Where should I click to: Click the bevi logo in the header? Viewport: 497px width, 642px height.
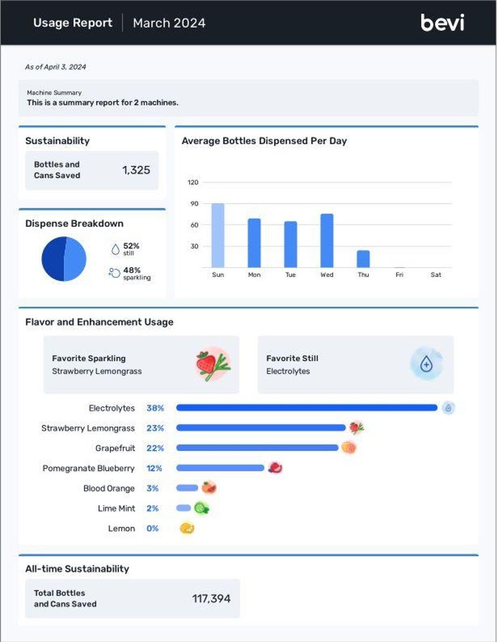[443, 23]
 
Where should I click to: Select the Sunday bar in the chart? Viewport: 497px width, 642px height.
[218, 235]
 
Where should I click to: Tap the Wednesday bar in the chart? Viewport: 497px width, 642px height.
[327, 241]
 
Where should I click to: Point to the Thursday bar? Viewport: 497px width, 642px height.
[363, 259]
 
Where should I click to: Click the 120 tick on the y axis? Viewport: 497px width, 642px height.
[193, 182]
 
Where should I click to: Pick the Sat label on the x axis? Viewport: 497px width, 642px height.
[436, 275]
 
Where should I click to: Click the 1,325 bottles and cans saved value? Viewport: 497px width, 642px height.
[136, 170]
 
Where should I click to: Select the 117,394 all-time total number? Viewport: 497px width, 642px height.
[211, 599]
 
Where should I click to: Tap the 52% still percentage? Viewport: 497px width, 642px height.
[132, 245]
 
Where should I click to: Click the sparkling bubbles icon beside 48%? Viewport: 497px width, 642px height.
[114, 272]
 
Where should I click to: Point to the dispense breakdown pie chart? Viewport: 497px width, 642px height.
[64, 259]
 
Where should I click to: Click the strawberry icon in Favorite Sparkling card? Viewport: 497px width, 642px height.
[213, 364]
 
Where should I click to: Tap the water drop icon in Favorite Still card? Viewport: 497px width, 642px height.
[426, 364]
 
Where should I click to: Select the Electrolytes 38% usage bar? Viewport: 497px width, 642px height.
[307, 407]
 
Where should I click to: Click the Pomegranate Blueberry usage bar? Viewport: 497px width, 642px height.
[220, 468]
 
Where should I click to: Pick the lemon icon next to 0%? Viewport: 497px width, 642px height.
[187, 528]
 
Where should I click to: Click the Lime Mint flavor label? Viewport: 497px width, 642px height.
[116, 509]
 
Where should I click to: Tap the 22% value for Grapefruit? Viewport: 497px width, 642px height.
[155, 448]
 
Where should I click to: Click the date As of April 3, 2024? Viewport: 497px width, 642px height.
[56, 67]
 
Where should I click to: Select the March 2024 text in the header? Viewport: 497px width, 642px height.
[169, 23]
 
